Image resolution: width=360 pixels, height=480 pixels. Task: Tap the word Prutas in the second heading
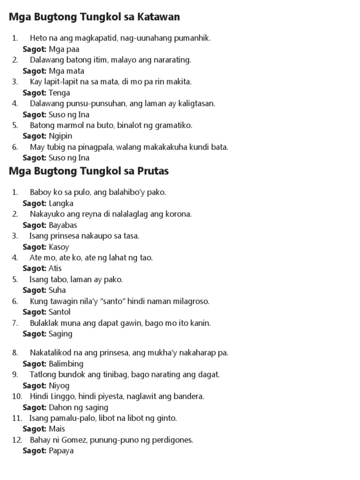[152, 171]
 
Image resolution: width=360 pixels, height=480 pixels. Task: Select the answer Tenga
[60, 93]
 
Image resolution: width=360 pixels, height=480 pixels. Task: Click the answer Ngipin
[60, 136]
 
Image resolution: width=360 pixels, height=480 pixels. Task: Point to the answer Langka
[61, 203]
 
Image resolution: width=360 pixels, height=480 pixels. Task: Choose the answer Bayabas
[63, 225]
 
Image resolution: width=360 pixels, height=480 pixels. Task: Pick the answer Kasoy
[59, 247]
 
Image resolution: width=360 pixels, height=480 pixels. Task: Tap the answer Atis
[55, 268]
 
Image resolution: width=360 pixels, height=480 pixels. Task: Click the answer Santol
[60, 312]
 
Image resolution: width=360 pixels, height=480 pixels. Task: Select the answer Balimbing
[66, 364]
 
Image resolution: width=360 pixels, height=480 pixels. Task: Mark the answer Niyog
[59, 385]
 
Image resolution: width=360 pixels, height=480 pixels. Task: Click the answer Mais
[57, 428]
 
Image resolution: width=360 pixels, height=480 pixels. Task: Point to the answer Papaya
[61, 450]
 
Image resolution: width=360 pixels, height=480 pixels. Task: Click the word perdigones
[172, 440]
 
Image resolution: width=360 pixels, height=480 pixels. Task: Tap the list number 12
[15, 440]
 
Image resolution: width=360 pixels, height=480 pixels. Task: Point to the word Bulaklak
[45, 323]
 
